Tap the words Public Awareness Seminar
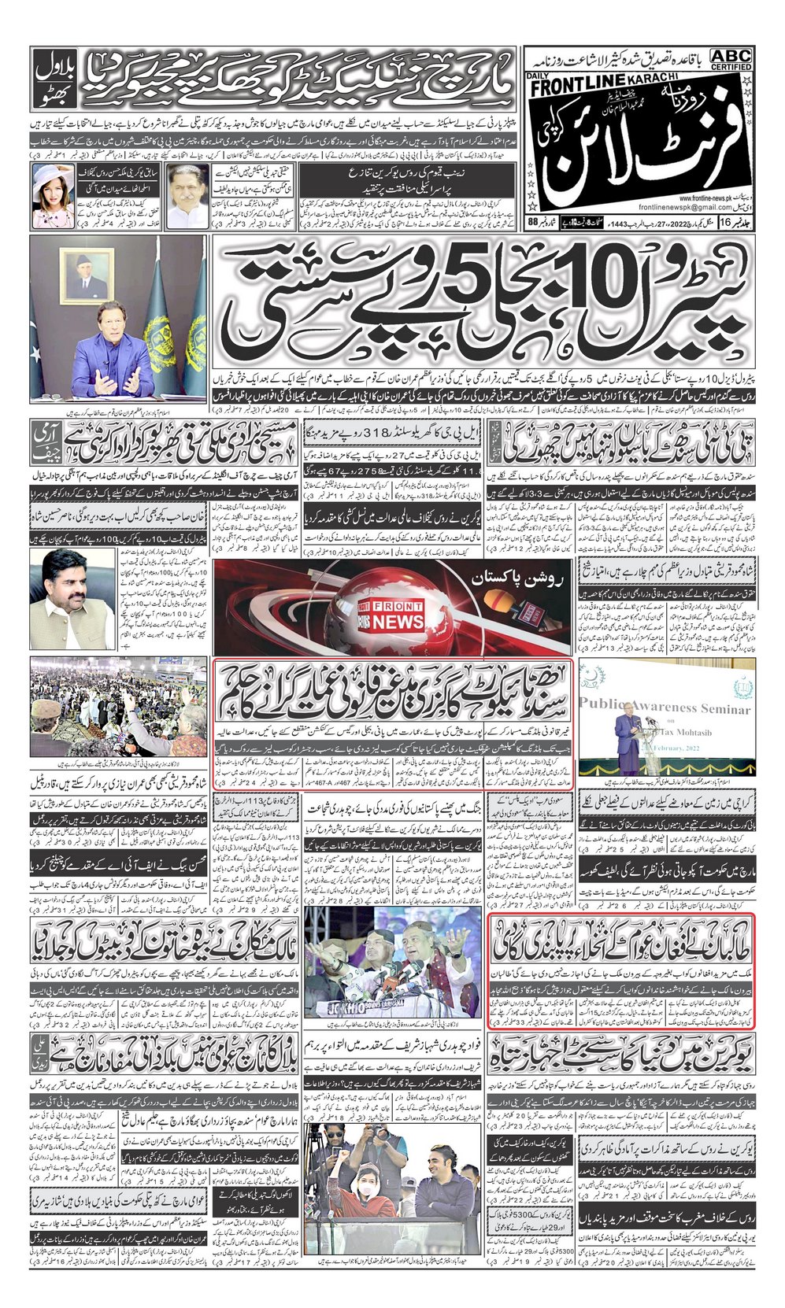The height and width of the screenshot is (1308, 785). pos(666,708)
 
